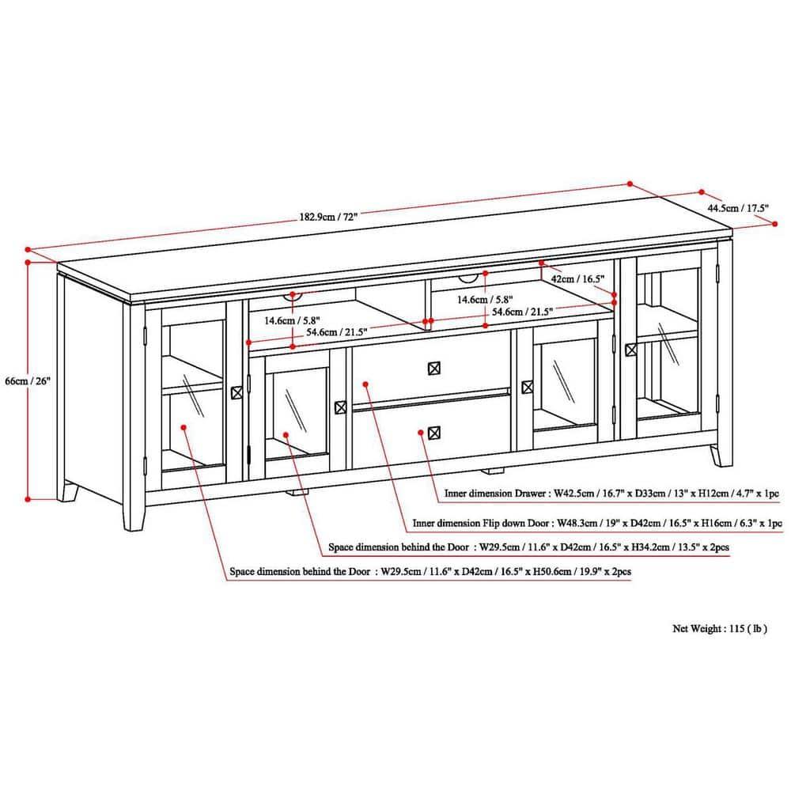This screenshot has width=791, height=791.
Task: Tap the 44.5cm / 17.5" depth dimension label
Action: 737,209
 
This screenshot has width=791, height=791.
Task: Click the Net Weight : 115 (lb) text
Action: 720,630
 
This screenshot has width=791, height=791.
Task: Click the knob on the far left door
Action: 236,392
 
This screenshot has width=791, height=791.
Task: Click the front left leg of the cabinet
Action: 135,512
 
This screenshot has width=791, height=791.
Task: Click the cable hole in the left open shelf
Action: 293,296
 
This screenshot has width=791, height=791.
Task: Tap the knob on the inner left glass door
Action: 341,407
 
